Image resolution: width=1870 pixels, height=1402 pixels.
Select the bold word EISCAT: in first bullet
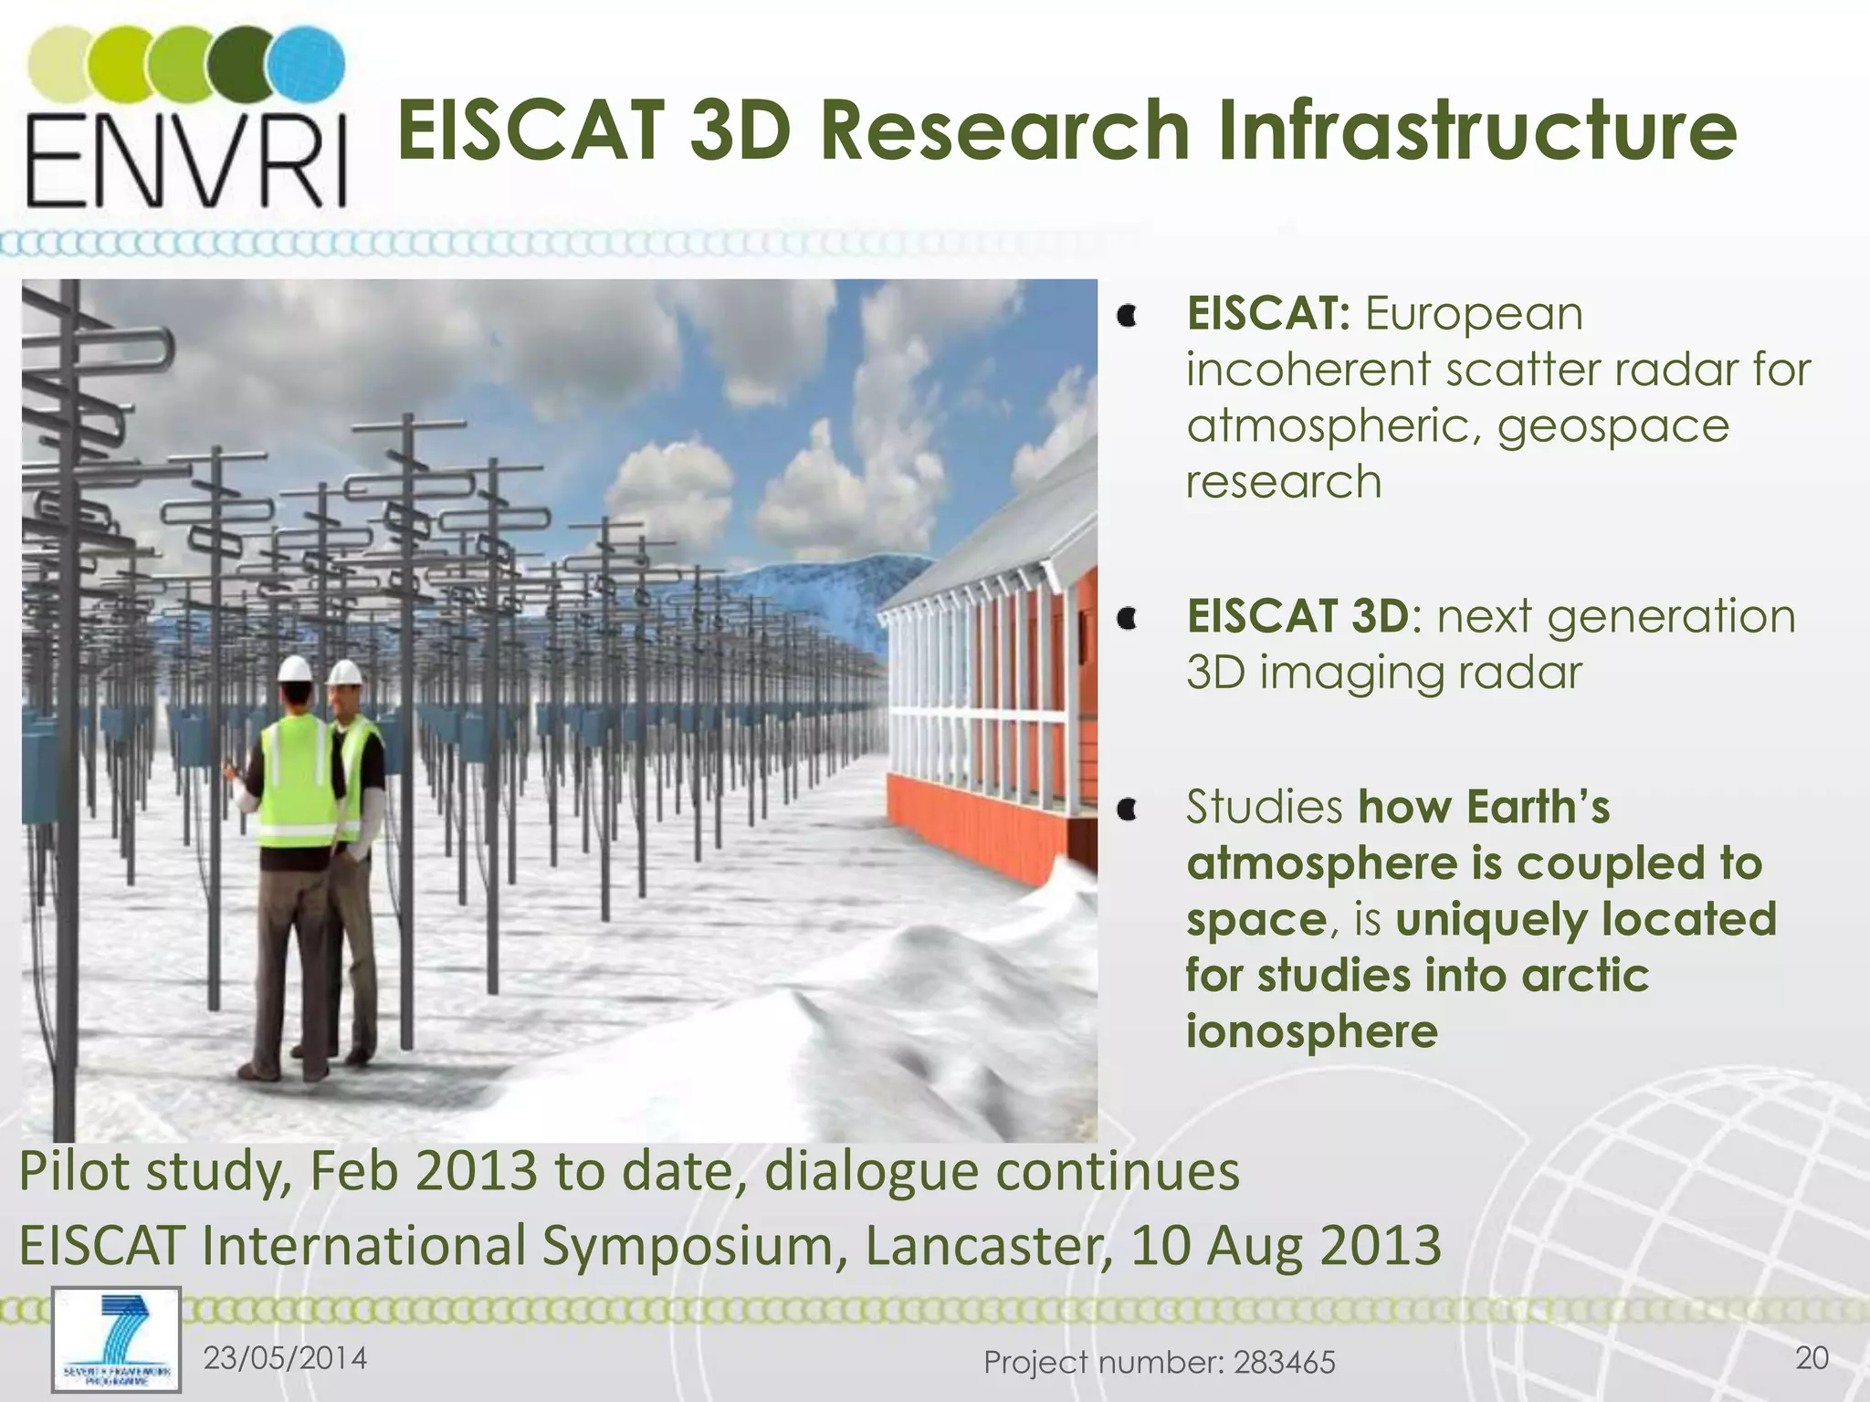click(x=1267, y=314)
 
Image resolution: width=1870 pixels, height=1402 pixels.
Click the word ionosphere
click(x=1311, y=1031)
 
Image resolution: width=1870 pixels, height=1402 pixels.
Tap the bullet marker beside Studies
click(x=1129, y=809)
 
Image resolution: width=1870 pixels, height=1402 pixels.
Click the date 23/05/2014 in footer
click(x=285, y=1358)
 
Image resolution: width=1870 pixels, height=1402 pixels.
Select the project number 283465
click(x=1284, y=1363)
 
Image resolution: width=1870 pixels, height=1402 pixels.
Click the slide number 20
click(x=1812, y=1358)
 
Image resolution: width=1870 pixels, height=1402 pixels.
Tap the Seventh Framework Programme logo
click(x=116, y=1339)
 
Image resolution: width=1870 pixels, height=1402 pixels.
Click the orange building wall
click(x=968, y=821)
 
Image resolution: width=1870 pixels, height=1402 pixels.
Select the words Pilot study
click(x=151, y=1171)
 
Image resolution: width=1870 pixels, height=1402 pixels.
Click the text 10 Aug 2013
click(x=1286, y=1246)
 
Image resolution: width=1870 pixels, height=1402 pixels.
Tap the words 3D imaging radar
click(x=1383, y=674)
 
